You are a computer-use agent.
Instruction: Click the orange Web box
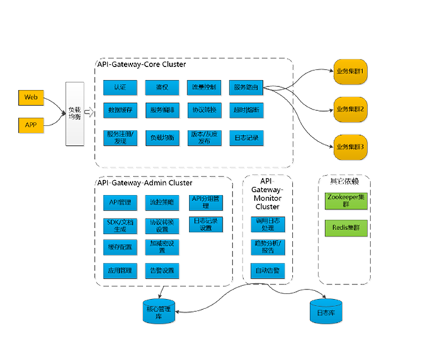31,97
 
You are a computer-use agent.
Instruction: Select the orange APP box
31,125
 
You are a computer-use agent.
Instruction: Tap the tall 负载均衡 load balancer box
73,112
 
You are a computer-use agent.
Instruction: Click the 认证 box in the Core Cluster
121,87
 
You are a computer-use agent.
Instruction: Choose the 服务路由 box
245,87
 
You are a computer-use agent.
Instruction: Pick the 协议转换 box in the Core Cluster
204,110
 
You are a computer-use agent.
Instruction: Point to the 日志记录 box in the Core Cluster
245,136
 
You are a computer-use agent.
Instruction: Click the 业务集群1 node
350,72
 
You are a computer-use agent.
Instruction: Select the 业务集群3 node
350,147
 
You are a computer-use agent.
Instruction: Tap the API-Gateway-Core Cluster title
142,65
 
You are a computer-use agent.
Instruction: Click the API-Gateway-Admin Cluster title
144,183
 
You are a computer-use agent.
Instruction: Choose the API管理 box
118,202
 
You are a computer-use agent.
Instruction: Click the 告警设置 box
161,271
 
